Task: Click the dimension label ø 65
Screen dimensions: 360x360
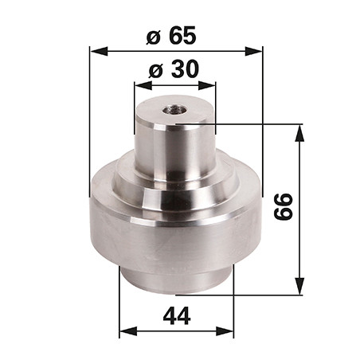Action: [171, 35]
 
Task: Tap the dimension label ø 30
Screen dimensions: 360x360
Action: [174, 69]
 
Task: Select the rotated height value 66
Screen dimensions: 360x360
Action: [284, 207]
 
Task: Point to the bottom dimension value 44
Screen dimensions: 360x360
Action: [177, 316]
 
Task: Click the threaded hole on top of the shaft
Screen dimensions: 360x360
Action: [174, 109]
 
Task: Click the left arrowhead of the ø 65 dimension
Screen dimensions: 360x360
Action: [99, 51]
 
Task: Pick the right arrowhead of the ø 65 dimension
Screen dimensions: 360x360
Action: [254, 51]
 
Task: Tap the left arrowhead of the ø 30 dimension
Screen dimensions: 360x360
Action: [143, 85]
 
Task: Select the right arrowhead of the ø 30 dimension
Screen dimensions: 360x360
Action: [207, 85]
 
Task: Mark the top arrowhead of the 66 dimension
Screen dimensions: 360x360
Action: [300, 133]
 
